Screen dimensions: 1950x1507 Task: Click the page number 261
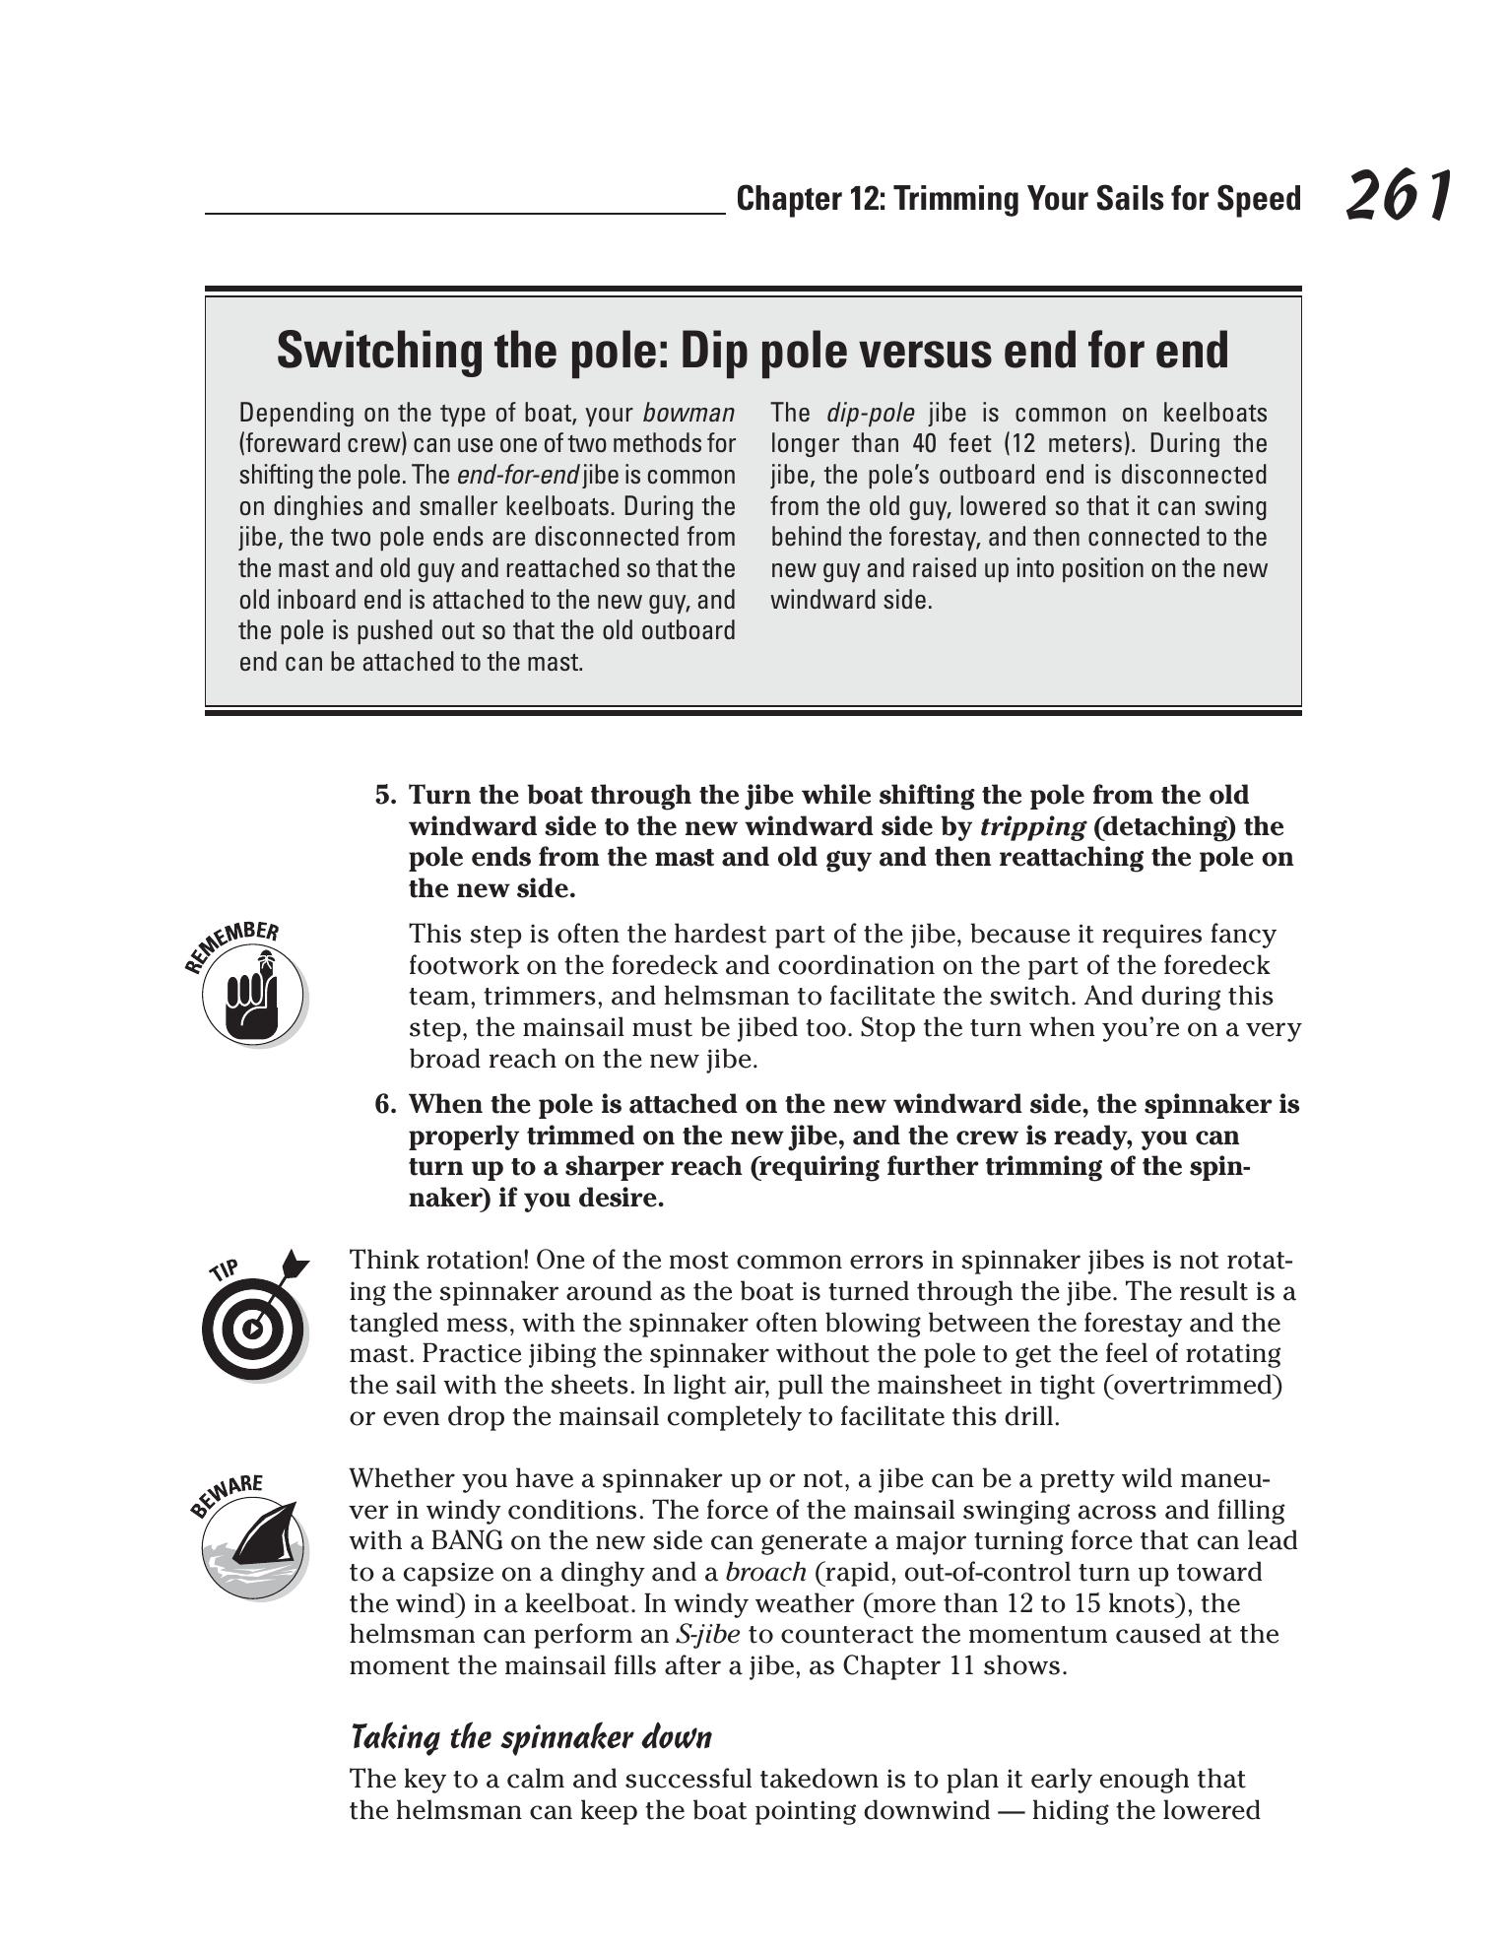click(1398, 195)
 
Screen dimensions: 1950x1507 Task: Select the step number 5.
click(385, 795)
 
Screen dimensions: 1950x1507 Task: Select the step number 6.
click(385, 1104)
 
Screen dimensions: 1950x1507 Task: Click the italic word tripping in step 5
click(1031, 826)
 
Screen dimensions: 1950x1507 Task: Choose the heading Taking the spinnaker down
click(530, 1736)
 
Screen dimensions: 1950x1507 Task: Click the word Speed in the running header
click(1258, 199)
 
